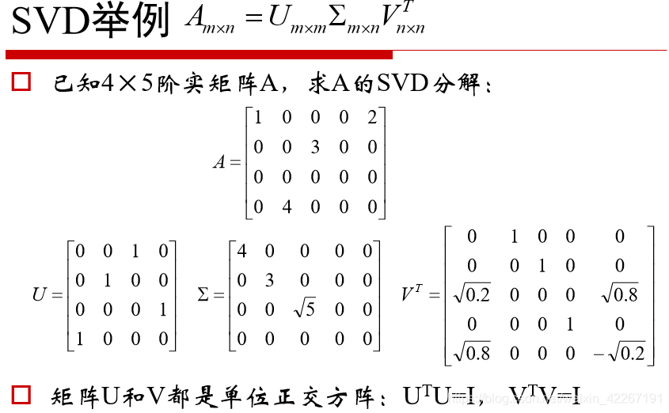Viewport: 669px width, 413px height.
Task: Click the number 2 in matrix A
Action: [372, 118]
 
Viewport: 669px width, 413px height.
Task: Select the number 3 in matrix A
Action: [315, 148]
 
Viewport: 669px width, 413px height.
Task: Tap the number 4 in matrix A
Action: [287, 207]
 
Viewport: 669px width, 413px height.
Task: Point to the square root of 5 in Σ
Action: [304, 309]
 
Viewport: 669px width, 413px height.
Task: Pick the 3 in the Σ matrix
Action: [270, 281]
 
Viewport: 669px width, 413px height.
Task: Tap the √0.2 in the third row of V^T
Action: [473, 294]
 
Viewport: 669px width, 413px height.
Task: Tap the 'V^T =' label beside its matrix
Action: [420, 294]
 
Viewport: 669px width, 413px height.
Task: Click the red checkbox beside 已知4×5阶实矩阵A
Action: [21, 81]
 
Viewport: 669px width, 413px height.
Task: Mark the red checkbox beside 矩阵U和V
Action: [21, 393]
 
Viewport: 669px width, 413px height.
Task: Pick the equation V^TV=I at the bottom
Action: [545, 393]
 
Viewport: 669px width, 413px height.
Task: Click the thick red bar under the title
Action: [199, 55]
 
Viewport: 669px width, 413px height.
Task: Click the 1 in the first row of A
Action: [257, 118]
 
